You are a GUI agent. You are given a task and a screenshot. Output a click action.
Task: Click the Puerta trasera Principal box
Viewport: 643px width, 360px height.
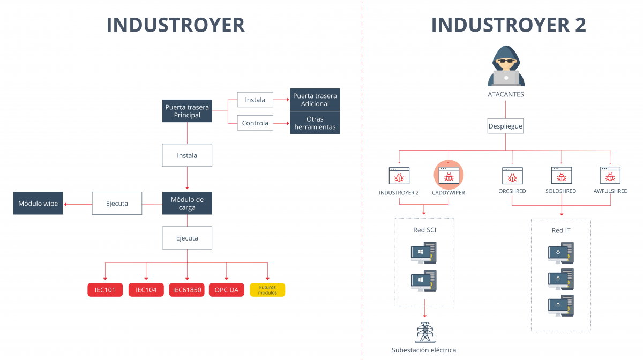187,111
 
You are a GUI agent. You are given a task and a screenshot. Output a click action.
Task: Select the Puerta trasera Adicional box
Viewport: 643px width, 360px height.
315,100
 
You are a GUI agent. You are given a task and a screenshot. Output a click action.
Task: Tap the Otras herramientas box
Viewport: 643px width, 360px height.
315,123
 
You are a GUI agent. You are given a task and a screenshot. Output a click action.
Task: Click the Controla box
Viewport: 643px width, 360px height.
255,123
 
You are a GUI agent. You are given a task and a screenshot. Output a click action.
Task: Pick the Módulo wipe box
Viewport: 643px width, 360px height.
38,204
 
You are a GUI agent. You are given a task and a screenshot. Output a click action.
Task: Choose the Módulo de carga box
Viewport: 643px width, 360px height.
187,204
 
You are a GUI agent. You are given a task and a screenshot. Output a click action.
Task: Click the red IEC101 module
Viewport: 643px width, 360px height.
106,290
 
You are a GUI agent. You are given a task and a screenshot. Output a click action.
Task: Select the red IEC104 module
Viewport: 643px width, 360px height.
146,290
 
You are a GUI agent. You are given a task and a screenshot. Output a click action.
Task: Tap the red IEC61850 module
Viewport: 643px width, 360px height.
187,290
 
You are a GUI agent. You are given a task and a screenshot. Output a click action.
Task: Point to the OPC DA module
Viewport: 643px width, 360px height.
227,290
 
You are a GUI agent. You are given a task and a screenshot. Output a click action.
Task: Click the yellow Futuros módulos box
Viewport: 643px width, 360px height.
267,290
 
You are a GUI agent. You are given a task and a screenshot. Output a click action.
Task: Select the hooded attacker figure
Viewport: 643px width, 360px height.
506,66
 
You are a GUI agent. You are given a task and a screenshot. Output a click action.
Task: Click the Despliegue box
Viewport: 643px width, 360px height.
505,127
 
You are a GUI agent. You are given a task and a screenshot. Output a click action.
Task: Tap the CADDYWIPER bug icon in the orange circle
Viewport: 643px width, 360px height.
448,176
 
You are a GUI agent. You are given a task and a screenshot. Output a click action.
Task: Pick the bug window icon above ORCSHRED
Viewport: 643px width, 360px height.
512,176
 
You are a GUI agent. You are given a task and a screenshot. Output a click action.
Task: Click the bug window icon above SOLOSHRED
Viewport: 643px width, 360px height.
562,176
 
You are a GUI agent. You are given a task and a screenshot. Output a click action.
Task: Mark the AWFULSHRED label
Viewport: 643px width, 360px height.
610,191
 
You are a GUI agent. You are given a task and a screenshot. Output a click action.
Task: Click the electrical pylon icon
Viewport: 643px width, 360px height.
424,332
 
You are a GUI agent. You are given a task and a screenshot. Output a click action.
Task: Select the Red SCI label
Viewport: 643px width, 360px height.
424,230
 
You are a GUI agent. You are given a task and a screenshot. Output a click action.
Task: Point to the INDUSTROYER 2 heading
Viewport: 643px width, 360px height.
508,25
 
